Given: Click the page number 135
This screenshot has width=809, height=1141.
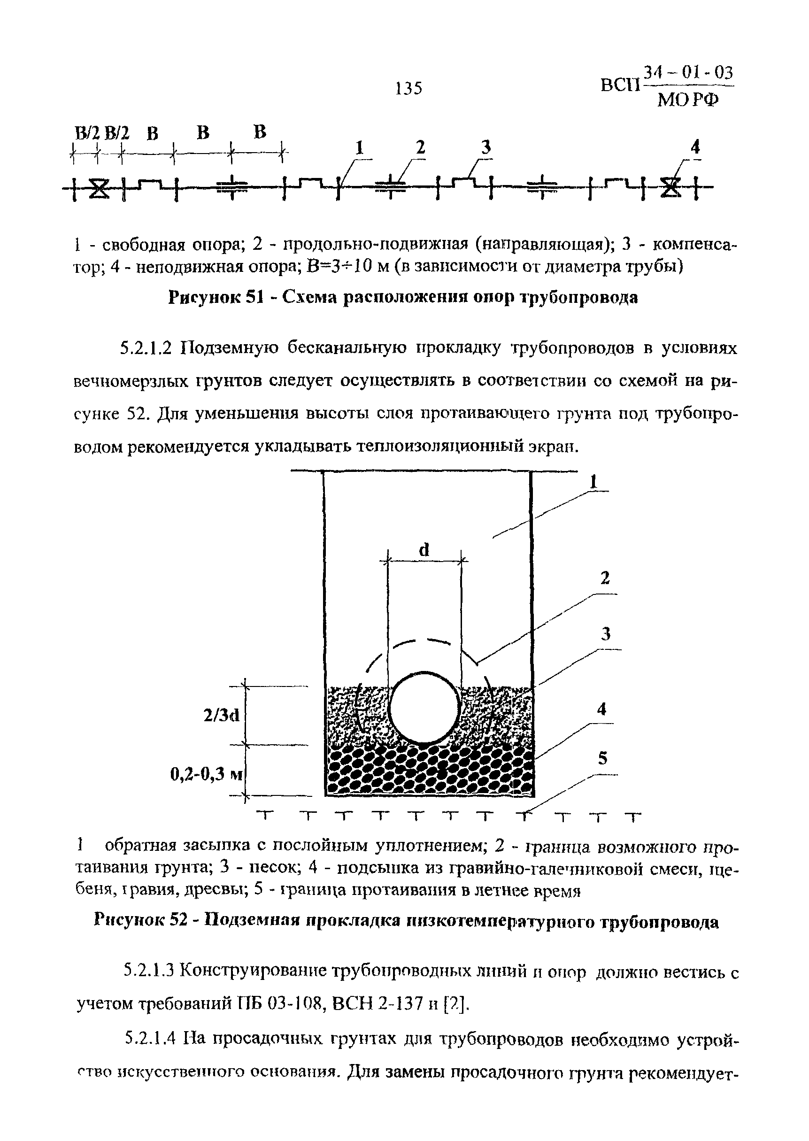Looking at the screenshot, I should tap(408, 88).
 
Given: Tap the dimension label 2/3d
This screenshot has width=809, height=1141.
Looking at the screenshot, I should tap(221, 716).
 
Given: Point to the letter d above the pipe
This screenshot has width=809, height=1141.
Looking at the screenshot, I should tap(424, 550).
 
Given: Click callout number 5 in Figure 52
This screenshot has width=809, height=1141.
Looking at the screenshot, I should tap(603, 758).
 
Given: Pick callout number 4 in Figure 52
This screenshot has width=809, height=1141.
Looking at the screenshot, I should tap(602, 709).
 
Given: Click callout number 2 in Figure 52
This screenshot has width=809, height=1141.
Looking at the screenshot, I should tap(605, 578).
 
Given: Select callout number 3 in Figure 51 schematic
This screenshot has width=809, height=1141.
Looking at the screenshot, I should tap(485, 147).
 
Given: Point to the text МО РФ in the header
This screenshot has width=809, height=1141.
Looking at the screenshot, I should tap(688, 100).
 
